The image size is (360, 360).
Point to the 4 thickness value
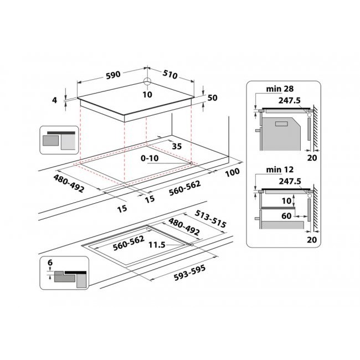pyautogui.click(x=54, y=100)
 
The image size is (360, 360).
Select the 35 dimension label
pyautogui.click(x=177, y=147)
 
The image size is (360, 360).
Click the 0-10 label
pyautogui.click(x=150, y=158)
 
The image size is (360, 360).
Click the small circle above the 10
pyautogui.click(x=147, y=82)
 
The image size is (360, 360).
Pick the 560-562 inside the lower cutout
pyautogui.click(x=129, y=242)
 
